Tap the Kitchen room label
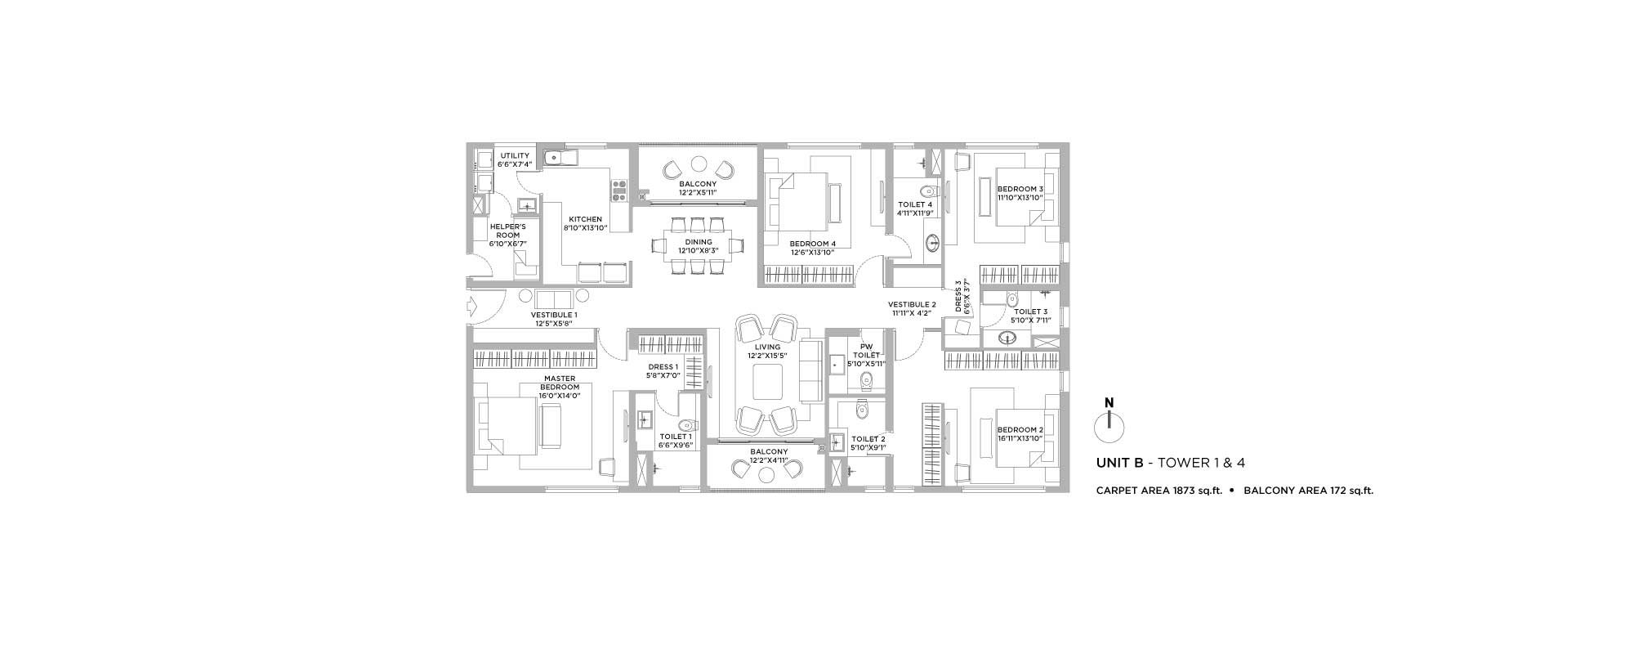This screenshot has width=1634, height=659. click(586, 219)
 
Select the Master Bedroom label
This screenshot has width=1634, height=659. click(560, 383)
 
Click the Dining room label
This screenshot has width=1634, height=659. click(699, 242)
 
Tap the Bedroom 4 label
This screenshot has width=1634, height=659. click(813, 244)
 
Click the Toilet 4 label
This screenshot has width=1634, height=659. click(915, 204)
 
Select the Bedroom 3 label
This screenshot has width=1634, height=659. click(1020, 189)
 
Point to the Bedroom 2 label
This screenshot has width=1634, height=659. click(1020, 430)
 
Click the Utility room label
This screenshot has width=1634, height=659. click(515, 155)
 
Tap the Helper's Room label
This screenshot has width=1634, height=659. click(508, 231)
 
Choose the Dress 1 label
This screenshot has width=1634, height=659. click(663, 367)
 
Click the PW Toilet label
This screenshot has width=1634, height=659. click(867, 351)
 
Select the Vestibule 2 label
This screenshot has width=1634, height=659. click(913, 305)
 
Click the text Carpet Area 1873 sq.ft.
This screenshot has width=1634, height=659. click(1159, 491)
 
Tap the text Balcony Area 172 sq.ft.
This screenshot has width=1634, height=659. click(1309, 491)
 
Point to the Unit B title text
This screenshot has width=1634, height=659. click(1171, 463)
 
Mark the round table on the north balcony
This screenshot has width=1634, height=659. click(699, 162)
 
